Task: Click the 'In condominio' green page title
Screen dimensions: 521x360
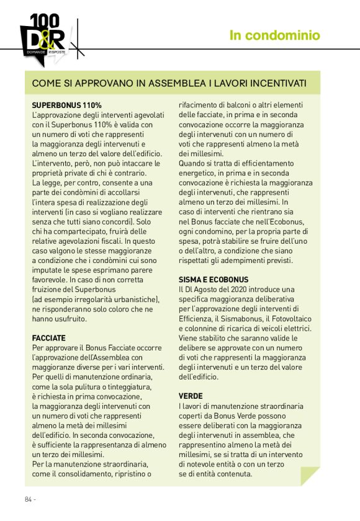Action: point(275,35)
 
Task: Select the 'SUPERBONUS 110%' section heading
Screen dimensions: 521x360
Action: point(66,105)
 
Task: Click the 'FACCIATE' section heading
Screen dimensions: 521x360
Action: point(48,338)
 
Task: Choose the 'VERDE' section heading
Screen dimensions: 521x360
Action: point(191,396)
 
